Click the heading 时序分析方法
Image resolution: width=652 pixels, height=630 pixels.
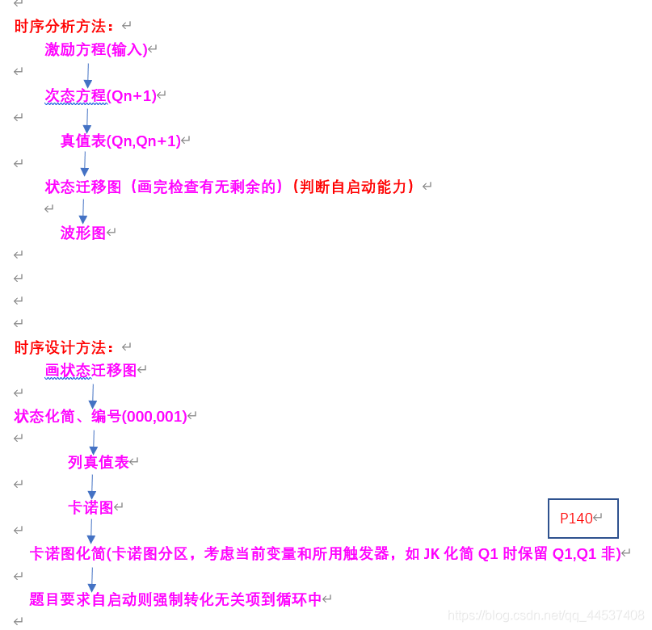coord(65,27)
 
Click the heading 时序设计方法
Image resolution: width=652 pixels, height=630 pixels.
coord(65,348)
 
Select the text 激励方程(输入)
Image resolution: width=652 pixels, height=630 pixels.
coord(96,50)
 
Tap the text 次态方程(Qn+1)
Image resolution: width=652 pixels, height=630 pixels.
coord(100,96)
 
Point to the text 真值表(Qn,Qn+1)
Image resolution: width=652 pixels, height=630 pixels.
coord(120,141)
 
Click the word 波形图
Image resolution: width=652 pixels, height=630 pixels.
coord(83,233)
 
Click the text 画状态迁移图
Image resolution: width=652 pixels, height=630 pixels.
coord(90,371)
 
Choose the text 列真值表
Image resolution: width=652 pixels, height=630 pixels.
coord(99,463)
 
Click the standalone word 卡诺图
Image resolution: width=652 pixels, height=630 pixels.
coord(90,508)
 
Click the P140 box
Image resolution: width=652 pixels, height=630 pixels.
coord(583,519)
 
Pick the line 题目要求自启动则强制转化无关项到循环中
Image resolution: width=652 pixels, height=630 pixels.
coord(175,599)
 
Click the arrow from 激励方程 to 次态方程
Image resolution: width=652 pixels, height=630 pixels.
coord(88,75)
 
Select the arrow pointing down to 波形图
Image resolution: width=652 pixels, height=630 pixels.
coord(82,211)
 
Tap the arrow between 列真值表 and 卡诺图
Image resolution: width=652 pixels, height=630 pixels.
coord(92,486)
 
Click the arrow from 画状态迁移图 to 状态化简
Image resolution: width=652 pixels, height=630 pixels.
coord(92,396)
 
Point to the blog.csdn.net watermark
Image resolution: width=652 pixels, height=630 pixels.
coord(545,616)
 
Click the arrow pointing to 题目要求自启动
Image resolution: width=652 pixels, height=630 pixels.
coord(91,578)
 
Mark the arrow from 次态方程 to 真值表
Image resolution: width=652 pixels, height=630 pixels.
coord(87,120)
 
